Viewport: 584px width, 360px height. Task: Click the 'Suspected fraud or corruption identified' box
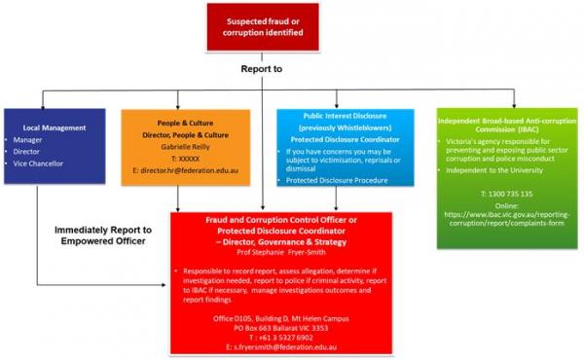pyautogui.click(x=263, y=26)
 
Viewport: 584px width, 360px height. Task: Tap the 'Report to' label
pyautogui.click(x=263, y=70)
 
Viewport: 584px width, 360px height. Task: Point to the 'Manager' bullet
pyautogui.click(x=29, y=139)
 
